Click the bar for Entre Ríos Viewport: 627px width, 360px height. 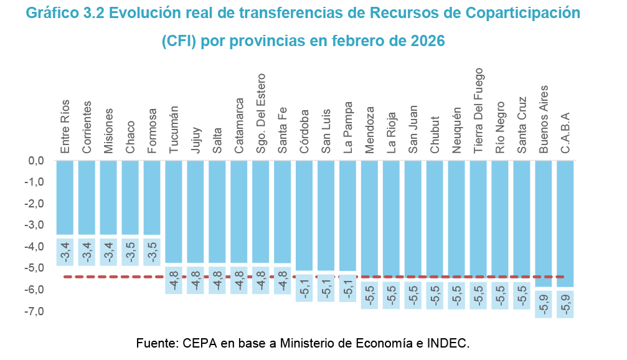point(65,197)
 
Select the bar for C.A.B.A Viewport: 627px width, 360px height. point(565,224)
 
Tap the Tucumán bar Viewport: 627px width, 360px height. point(174,212)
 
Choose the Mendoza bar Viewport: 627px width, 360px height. point(370,219)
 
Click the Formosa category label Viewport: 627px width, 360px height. point(153,131)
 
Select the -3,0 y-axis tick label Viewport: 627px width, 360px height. point(34,225)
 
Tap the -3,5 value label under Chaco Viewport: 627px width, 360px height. point(131,252)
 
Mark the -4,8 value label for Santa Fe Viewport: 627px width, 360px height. point(283,280)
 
